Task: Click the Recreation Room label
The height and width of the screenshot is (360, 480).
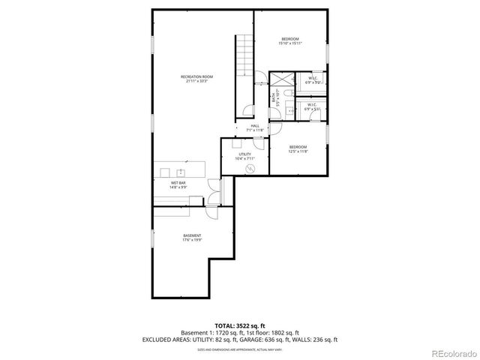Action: click(x=197, y=76)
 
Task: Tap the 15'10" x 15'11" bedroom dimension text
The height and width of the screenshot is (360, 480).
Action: click(x=291, y=43)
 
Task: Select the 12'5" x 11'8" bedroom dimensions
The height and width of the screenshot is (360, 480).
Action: click(x=298, y=151)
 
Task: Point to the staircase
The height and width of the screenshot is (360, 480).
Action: click(x=244, y=55)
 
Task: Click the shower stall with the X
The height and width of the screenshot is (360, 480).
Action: click(x=281, y=79)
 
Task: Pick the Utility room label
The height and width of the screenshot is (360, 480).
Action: click(x=245, y=154)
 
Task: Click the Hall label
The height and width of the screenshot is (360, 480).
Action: click(x=255, y=125)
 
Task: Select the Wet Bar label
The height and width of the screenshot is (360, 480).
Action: click(x=178, y=182)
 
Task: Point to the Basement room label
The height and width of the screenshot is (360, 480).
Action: click(x=192, y=236)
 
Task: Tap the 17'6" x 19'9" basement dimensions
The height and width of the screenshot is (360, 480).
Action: click(x=192, y=241)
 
